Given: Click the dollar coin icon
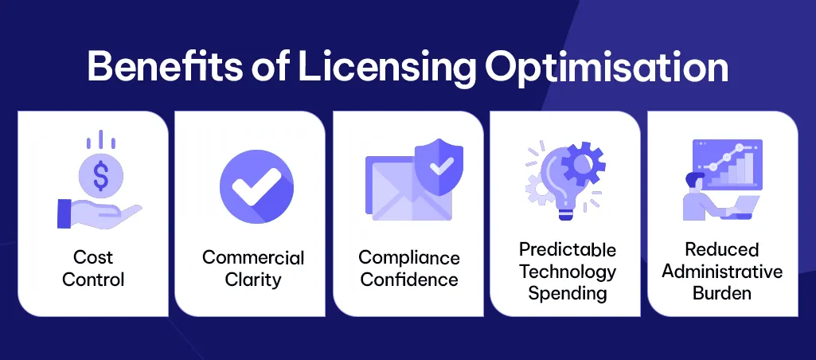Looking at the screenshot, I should [x=100, y=174].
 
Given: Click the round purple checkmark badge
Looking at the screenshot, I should [x=256, y=188].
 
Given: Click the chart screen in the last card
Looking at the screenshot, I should [x=727, y=164].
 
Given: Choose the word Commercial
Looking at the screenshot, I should [x=253, y=257].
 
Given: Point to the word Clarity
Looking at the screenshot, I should [x=253, y=280].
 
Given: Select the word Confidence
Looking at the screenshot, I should [x=409, y=280].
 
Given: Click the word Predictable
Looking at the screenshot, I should [x=568, y=250].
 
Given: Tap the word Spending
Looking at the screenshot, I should [x=568, y=292].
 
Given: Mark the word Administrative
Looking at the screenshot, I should [x=723, y=272].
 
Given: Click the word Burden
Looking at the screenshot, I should [x=722, y=292].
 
